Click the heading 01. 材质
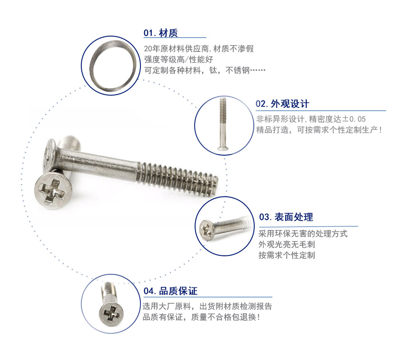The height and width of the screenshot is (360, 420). pyautogui.click(x=160, y=33)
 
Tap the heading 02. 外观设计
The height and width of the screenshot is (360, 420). pyautogui.click(x=282, y=104)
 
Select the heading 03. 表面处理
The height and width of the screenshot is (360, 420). pyautogui.click(x=286, y=217)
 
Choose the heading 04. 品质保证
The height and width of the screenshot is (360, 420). pyautogui.click(x=170, y=291)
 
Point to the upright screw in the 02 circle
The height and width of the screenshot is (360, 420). pyautogui.click(x=223, y=124)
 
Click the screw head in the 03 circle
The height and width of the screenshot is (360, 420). pyautogui.click(x=206, y=229)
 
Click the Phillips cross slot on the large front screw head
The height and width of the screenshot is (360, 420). pyautogui.click(x=52, y=190)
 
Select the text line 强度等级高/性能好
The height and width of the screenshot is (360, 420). pyautogui.click(x=178, y=60)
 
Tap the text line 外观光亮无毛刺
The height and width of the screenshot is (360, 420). pyautogui.click(x=287, y=245)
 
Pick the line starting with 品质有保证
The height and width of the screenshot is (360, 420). pyautogui.click(x=201, y=317)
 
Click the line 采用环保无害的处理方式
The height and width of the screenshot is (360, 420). pyautogui.click(x=303, y=234)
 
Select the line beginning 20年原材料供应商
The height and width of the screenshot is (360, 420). pyautogui.click(x=199, y=49)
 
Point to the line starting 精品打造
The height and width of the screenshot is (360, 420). pyautogui.click(x=319, y=130)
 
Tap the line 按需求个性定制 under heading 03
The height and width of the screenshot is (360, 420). pyautogui.click(x=287, y=255)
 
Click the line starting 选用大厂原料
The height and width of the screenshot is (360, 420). pyautogui.click(x=207, y=306)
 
